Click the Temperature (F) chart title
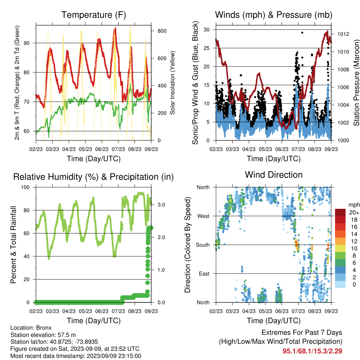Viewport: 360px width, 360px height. click(x=94, y=15)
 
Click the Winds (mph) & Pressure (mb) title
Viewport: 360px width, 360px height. click(x=274, y=15)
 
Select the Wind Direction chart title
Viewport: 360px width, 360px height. click(x=274, y=175)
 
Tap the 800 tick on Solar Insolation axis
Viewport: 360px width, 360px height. click(x=162, y=31)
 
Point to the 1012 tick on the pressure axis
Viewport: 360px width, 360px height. click(x=343, y=34)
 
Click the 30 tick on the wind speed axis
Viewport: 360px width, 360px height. click(x=206, y=30)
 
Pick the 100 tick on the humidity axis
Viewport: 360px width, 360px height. click(x=25, y=187)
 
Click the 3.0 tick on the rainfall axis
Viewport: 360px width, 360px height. click(x=161, y=205)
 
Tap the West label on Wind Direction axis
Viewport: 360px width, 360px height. click(x=204, y=216)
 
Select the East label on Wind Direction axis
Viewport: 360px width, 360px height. click(x=204, y=274)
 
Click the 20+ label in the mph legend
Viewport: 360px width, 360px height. click(x=354, y=213)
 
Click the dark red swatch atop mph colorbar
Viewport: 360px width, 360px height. click(x=340, y=212)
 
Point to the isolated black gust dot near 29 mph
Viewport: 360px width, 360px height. click(x=302, y=33)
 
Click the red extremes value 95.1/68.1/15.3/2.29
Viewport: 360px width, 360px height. click(x=312, y=351)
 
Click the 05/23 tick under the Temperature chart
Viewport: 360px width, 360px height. click(x=85, y=149)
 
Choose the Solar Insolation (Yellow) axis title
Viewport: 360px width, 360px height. click(x=172, y=83)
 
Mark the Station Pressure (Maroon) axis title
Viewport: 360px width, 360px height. click(x=356, y=83)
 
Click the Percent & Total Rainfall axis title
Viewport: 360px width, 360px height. click(x=14, y=245)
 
